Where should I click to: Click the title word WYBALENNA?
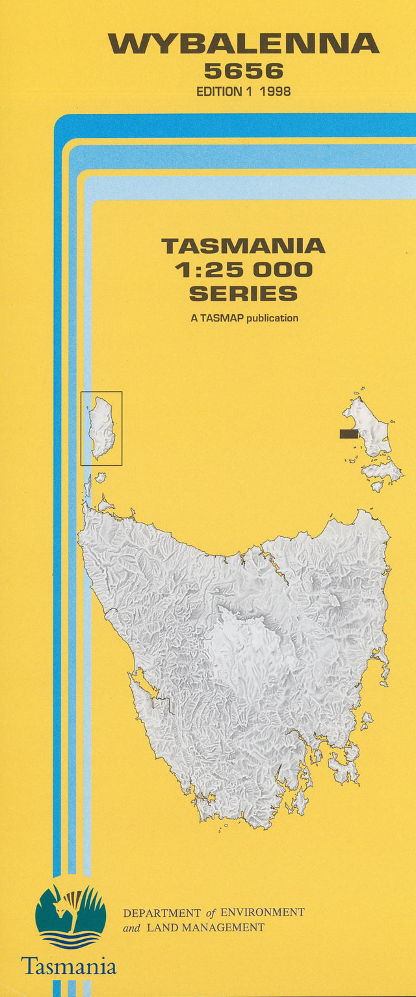[243, 44]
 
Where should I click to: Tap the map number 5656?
[243, 71]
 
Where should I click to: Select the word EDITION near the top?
[218, 92]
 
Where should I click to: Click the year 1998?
[274, 92]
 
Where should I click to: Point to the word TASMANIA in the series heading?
[243, 246]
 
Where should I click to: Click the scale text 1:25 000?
[243, 270]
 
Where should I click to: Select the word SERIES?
[243, 294]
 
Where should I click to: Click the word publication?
[272, 318]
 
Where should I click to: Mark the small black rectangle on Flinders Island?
[349, 433]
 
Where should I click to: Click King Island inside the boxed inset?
[103, 427]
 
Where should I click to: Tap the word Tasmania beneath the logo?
[69, 966]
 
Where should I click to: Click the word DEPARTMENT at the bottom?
[162, 913]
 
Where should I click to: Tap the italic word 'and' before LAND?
[132, 928]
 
